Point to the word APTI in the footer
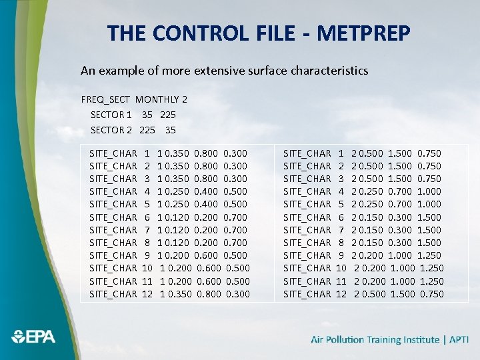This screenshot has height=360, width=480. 459,339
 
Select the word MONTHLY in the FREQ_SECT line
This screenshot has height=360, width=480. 157,99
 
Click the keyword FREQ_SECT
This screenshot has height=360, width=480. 106,99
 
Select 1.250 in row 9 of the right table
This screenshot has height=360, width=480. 430,255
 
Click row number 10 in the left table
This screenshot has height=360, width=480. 148,268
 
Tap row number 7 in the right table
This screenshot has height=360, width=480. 341,230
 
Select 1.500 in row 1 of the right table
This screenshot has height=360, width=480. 400,153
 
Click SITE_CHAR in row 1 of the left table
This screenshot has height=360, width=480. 113,153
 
